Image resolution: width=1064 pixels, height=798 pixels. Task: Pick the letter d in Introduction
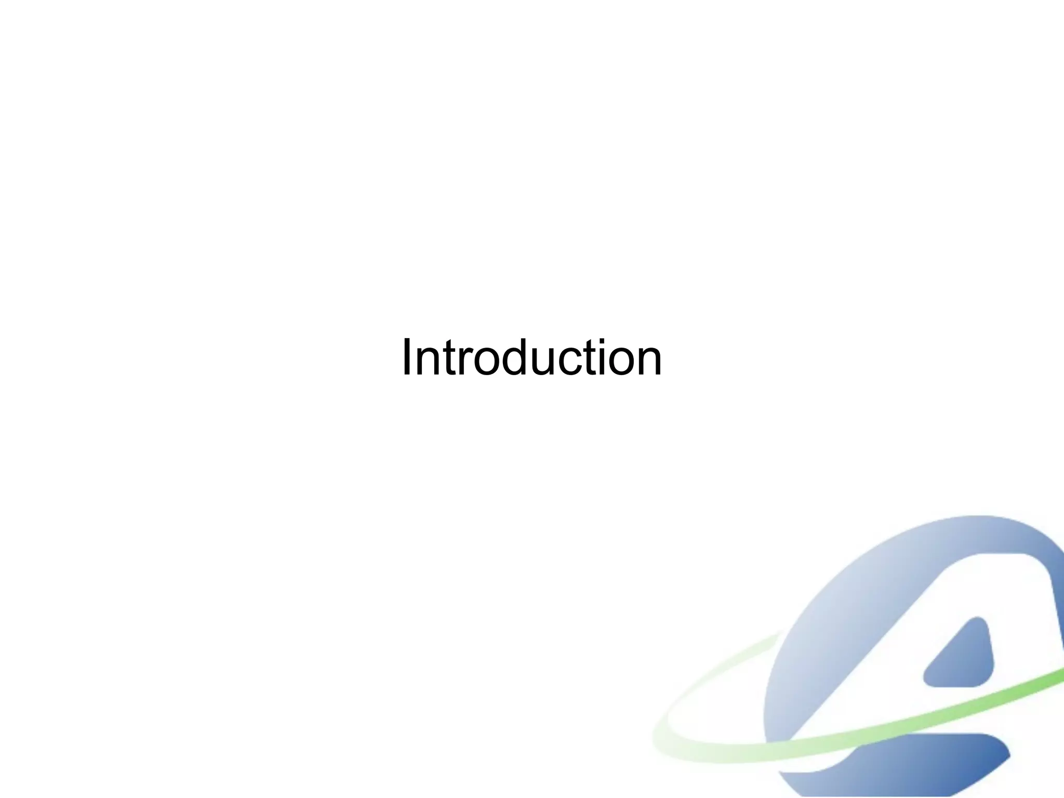coord(519,358)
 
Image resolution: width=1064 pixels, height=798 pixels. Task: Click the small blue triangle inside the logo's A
coord(964,658)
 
